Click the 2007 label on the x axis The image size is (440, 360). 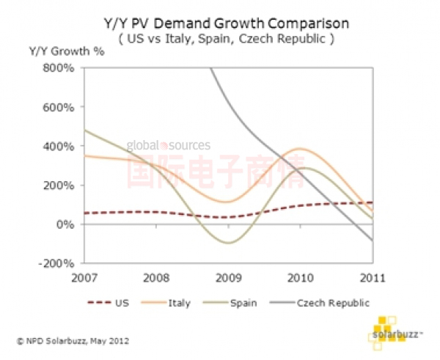pos(86,277)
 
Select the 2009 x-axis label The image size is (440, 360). pos(229,277)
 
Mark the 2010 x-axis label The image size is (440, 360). pos(301,277)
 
